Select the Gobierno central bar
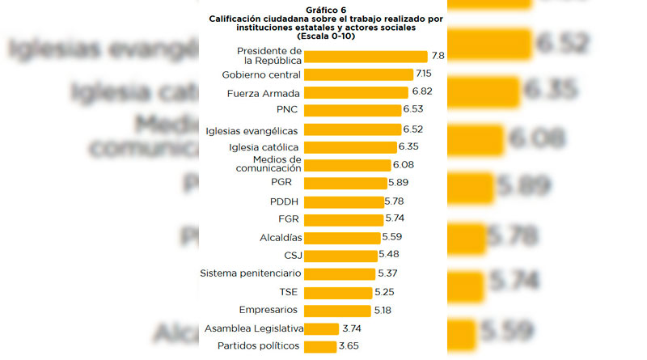(x=359, y=74)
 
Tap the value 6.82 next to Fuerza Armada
(x=421, y=92)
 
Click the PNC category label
(x=289, y=109)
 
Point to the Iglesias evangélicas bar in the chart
(x=353, y=129)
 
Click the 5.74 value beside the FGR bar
(x=395, y=218)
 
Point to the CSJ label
(x=291, y=256)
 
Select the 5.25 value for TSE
(x=385, y=291)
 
